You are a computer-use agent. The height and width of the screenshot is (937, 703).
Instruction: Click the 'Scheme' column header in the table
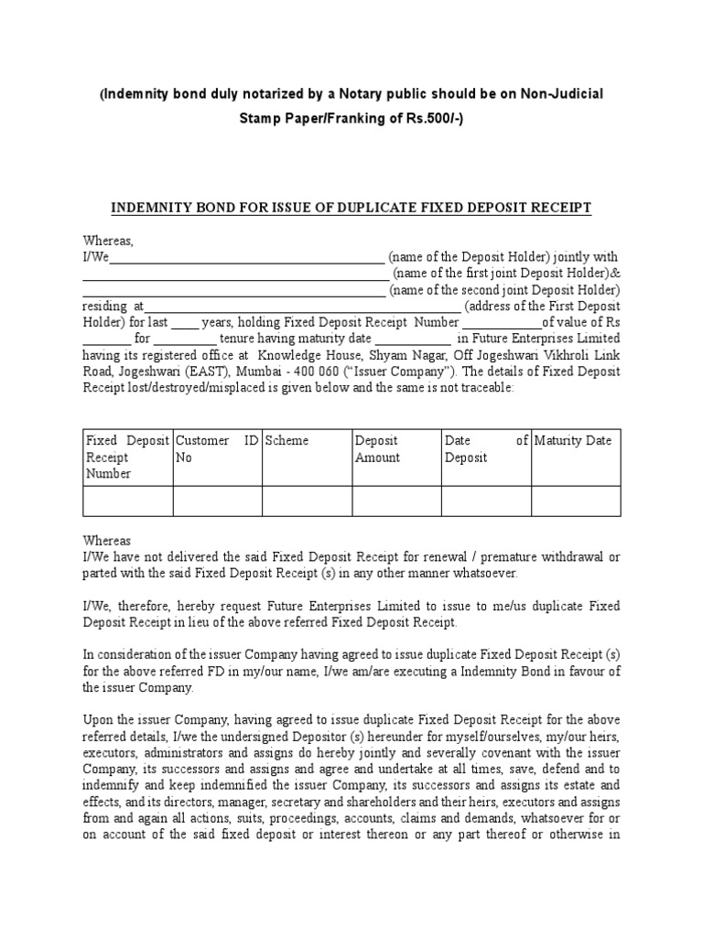(287, 441)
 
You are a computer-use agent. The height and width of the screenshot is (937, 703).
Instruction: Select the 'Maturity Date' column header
(573, 441)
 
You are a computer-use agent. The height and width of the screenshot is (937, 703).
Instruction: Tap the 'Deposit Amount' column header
(377, 449)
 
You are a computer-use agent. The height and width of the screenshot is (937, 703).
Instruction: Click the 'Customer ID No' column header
(217, 449)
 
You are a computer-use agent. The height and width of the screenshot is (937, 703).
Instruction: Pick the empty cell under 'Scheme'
(307, 501)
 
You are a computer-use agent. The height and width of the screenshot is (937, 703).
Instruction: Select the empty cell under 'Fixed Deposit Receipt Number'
(128, 501)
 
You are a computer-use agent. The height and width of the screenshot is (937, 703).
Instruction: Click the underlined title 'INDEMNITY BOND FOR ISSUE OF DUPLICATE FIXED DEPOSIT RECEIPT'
(351, 209)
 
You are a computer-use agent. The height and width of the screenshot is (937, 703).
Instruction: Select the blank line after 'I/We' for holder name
(246, 258)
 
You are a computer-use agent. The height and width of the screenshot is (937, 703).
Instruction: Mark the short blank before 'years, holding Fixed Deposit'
(184, 324)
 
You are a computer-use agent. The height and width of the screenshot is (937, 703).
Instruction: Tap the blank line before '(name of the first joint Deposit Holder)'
(236, 275)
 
